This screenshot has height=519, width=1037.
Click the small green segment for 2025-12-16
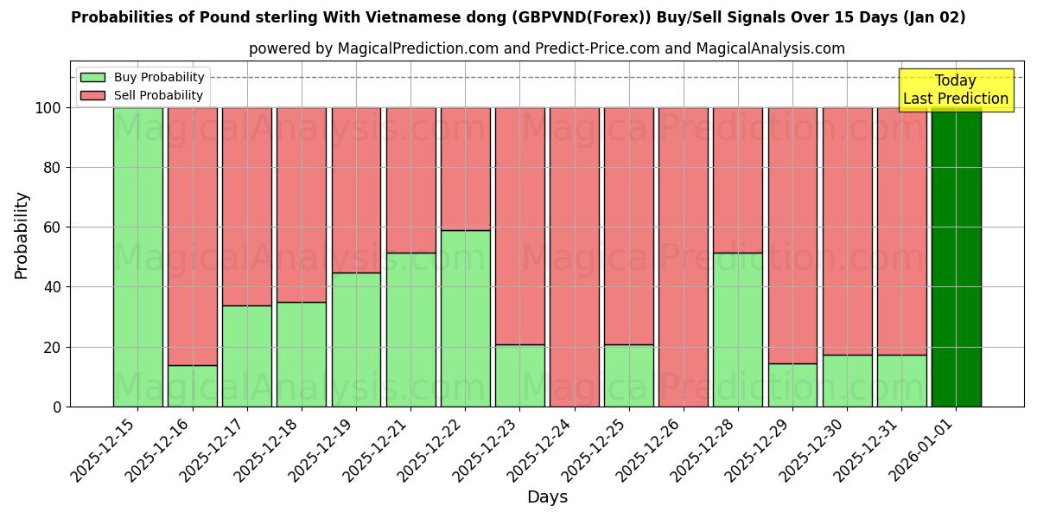[x=192, y=386]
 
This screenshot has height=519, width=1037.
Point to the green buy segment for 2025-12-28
[x=737, y=330]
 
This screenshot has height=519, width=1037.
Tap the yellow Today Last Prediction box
[x=955, y=90]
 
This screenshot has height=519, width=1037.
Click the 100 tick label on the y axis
[x=48, y=108]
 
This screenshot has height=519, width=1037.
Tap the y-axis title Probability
[x=22, y=235]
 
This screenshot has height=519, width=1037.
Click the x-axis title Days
[x=547, y=497]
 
